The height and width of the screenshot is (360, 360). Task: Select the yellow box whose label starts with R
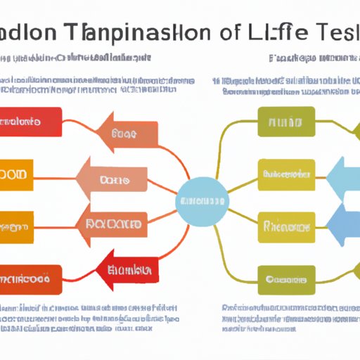(x=285, y=226)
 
